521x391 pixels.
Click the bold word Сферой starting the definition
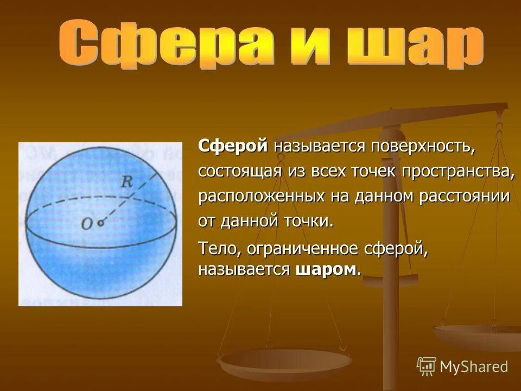[x=233, y=146]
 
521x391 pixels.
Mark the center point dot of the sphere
[x=100, y=222]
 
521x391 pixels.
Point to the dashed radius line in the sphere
[x=130, y=195]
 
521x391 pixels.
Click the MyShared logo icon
[x=426, y=366]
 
